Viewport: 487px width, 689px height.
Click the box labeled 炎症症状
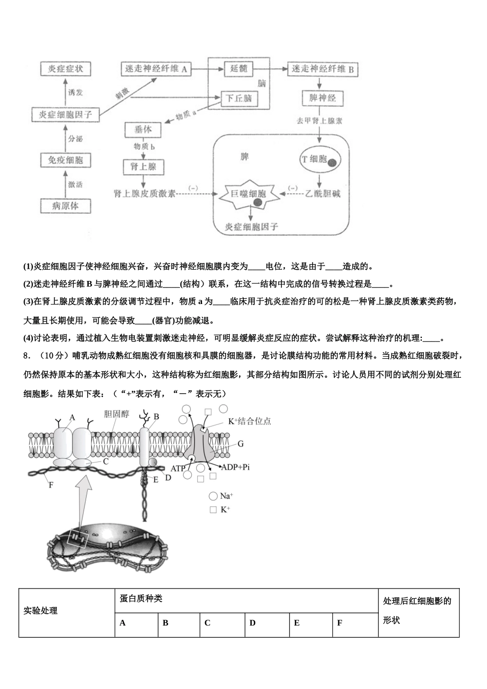click(66, 69)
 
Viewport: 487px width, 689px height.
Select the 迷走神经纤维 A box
click(156, 69)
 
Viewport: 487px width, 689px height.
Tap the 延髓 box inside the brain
click(238, 69)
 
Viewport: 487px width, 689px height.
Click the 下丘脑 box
click(239, 98)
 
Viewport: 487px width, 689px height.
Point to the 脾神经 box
click(322, 98)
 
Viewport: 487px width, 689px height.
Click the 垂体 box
click(143, 130)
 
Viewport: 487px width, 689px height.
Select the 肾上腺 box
click(143, 167)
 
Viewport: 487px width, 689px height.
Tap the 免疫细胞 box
click(66, 160)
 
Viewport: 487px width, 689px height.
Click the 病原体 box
click(66, 206)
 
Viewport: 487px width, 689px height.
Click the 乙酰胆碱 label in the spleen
click(322, 194)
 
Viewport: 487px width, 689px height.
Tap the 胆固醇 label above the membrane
click(116, 414)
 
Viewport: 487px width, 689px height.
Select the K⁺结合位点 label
click(249, 421)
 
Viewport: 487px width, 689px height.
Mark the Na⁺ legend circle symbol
click(213, 496)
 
